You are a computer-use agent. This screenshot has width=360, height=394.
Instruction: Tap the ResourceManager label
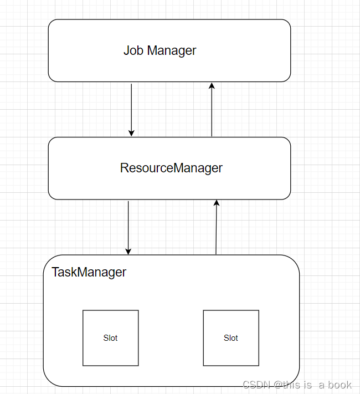[x=171, y=168]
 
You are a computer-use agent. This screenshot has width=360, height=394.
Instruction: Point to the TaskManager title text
[x=89, y=273]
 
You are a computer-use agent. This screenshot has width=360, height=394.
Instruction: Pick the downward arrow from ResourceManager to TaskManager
[x=128, y=227]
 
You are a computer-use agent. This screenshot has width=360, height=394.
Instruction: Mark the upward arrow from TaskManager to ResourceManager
[x=217, y=227]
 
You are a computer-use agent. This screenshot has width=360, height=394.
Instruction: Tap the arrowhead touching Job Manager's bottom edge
[x=212, y=86]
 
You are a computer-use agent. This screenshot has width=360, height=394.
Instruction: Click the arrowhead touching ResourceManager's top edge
[x=131, y=132]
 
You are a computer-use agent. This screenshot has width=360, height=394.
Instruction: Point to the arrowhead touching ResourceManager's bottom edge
[x=217, y=203]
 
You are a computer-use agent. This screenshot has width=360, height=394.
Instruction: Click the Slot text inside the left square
[x=110, y=338]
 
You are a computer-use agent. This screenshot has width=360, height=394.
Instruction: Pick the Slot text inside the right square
[x=231, y=338]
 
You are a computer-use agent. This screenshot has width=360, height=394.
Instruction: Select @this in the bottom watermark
[x=286, y=385]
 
